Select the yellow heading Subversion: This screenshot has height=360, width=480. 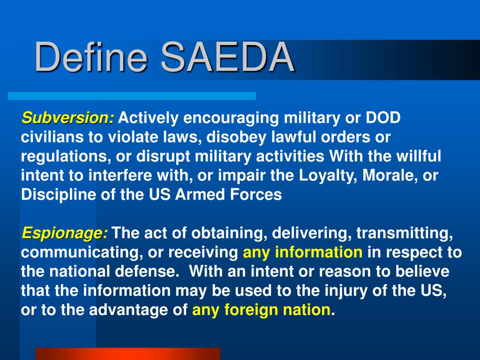(67, 118)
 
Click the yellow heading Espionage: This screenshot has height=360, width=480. (65, 233)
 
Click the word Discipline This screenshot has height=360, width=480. (59, 195)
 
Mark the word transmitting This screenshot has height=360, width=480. (405, 233)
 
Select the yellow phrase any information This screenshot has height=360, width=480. (302, 253)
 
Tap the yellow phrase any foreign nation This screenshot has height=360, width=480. (261, 310)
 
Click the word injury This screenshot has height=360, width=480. (346, 291)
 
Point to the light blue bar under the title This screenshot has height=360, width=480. (132, 96)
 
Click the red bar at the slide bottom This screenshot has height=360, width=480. (128, 354)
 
